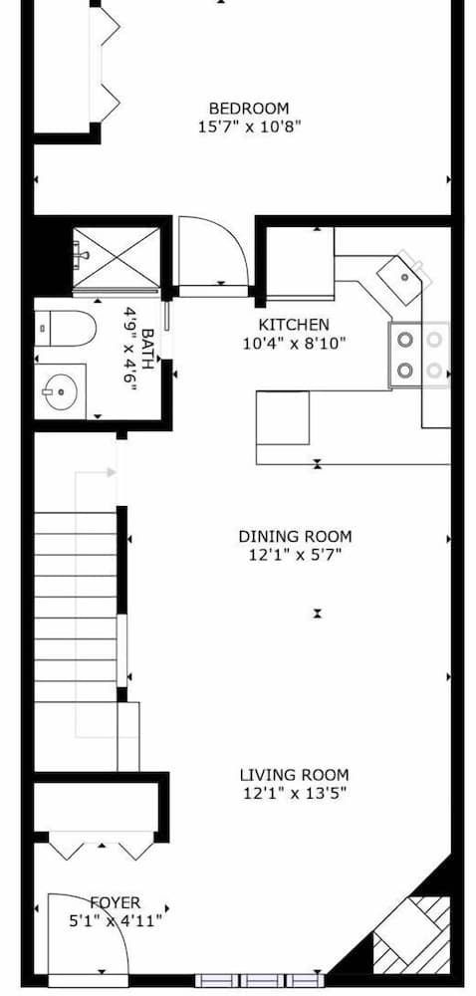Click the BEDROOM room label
click(x=248, y=108)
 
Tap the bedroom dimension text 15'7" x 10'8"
click(x=248, y=126)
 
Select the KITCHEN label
click(x=294, y=325)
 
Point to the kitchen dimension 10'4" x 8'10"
click(x=294, y=344)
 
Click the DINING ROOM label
click(x=295, y=536)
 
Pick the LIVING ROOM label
click(x=294, y=774)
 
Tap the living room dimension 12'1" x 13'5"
click(x=294, y=793)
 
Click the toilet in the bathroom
click(x=64, y=328)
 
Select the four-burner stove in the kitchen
click(x=418, y=356)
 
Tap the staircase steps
click(x=77, y=598)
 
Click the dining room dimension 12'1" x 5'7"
click(x=295, y=555)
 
